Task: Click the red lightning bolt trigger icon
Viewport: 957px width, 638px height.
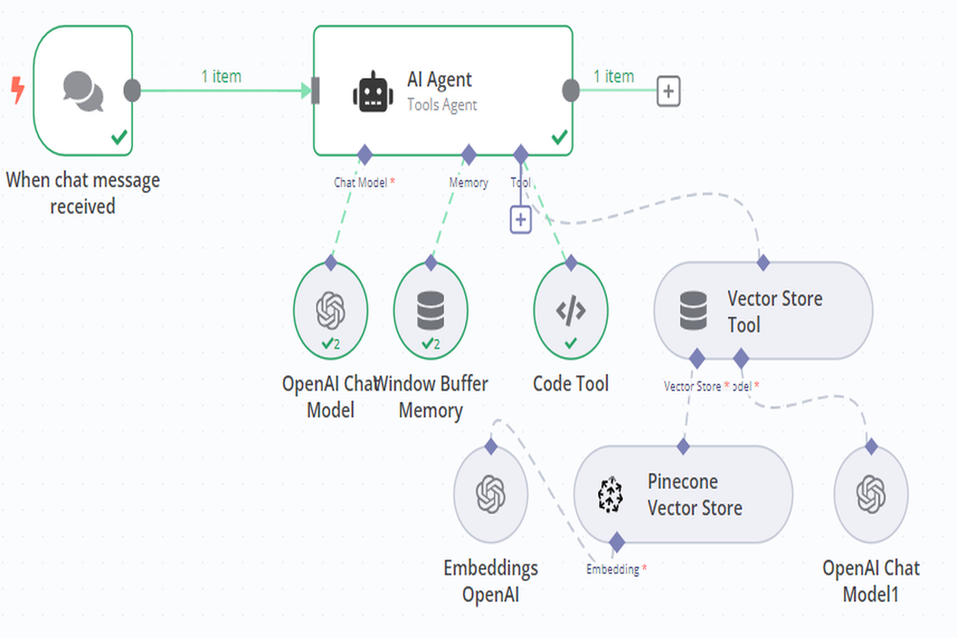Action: pyautogui.click(x=17, y=91)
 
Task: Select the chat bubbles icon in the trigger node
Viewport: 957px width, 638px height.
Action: pyautogui.click(x=83, y=91)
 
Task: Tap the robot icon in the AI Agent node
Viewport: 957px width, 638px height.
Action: pyautogui.click(x=372, y=92)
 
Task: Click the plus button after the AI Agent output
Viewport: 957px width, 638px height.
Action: pyautogui.click(x=668, y=92)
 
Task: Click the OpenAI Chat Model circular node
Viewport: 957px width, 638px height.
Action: pyautogui.click(x=330, y=310)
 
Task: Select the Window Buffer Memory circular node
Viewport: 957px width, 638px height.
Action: pyautogui.click(x=431, y=310)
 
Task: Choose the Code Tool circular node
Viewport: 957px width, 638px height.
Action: pyautogui.click(x=570, y=310)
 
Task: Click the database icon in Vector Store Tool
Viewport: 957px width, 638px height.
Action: pyautogui.click(x=693, y=312)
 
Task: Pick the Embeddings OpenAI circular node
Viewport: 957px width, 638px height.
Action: pyautogui.click(x=490, y=494)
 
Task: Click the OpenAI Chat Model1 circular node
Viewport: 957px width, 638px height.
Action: pyautogui.click(x=871, y=494)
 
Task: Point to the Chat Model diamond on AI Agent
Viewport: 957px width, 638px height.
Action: pyautogui.click(x=364, y=154)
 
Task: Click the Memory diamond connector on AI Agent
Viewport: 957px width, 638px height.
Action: pyautogui.click(x=469, y=154)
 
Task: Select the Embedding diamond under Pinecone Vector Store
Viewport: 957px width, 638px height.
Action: pyautogui.click(x=616, y=543)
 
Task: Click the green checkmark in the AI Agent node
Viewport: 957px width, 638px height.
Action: pyautogui.click(x=560, y=138)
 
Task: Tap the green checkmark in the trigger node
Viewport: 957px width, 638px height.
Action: pyautogui.click(x=119, y=138)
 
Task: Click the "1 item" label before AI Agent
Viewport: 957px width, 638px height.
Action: pyautogui.click(x=221, y=77)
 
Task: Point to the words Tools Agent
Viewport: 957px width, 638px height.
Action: pyautogui.click(x=442, y=104)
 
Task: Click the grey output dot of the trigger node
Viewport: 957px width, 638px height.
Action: pyautogui.click(x=133, y=91)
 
